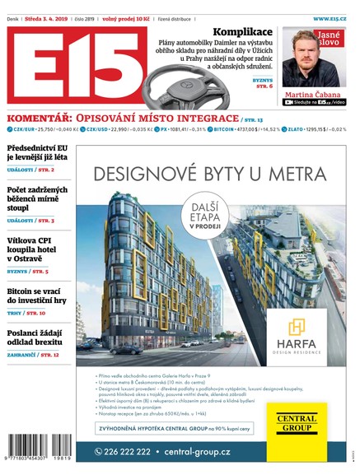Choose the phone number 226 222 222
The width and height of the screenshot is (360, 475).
click(x=124, y=452)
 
